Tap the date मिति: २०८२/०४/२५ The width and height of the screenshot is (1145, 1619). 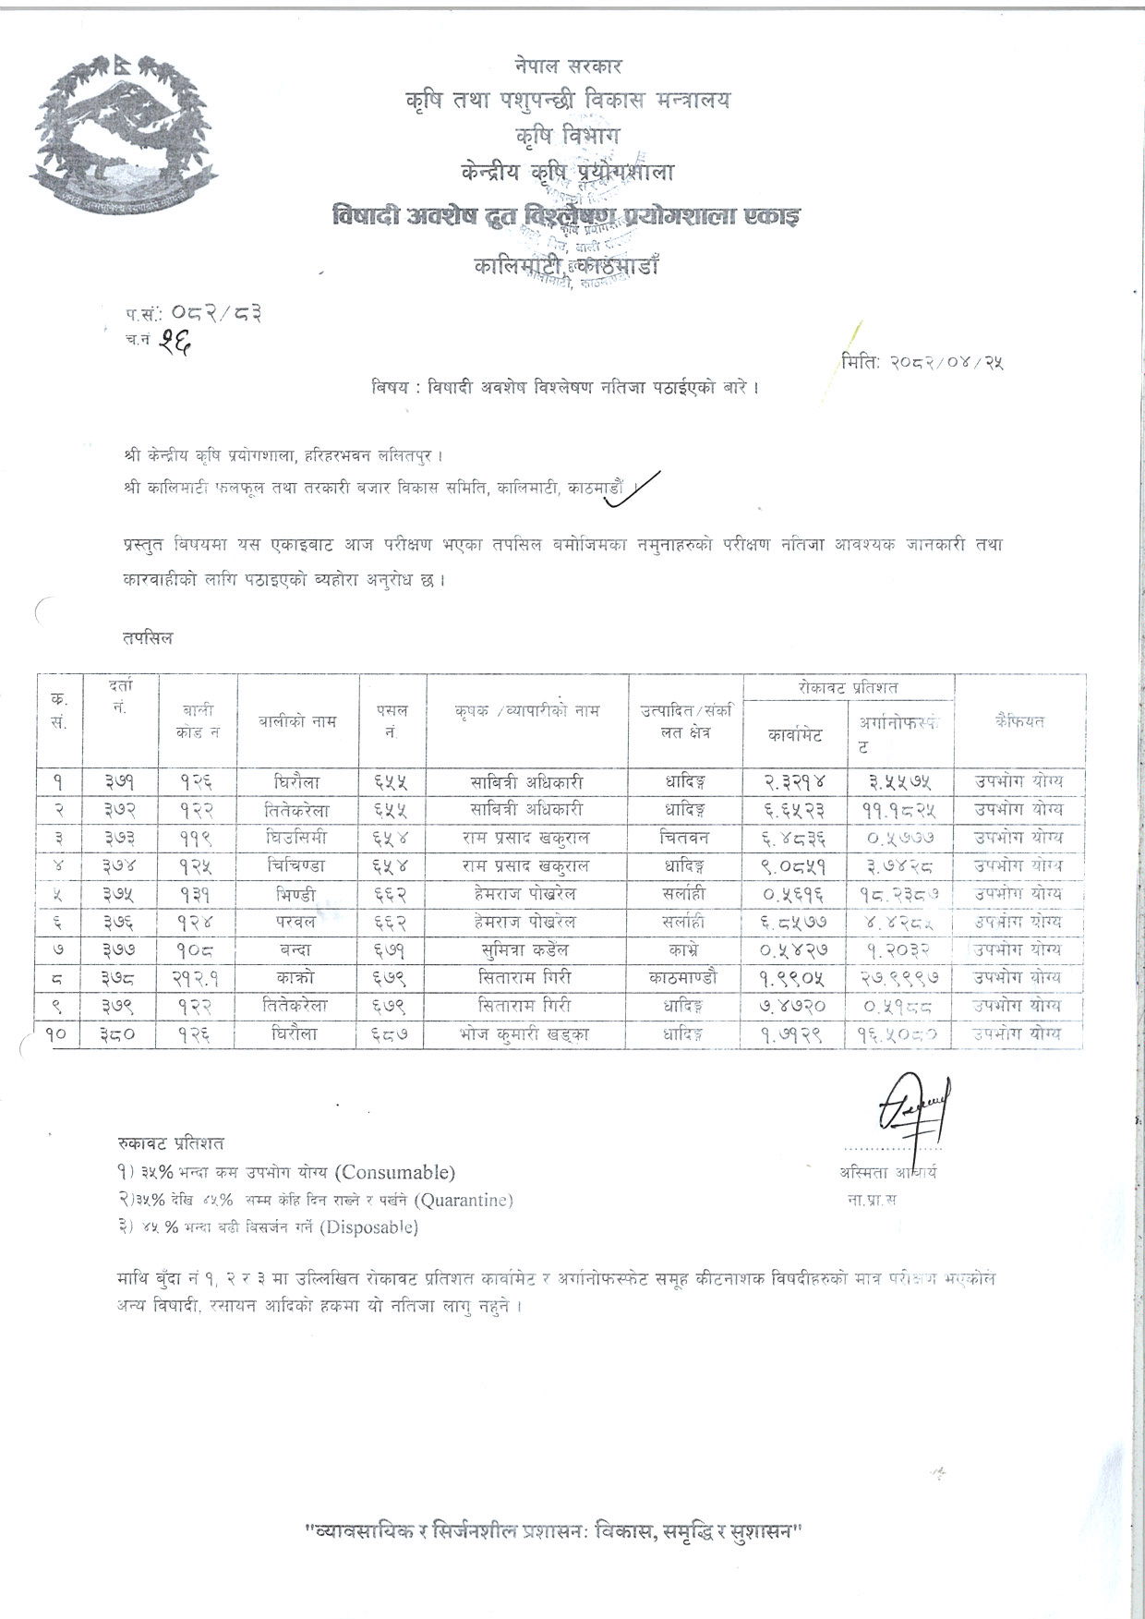922,361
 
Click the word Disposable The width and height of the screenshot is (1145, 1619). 368,1227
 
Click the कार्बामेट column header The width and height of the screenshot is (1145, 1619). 794,736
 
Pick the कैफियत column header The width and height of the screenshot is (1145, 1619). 1019,721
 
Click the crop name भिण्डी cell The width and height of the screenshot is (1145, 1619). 297,894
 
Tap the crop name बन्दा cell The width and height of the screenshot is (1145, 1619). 297,949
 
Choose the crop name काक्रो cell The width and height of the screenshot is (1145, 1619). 297,977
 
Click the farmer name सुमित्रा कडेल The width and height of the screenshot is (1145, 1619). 527,949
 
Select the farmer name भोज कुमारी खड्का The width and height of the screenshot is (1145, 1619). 527,1033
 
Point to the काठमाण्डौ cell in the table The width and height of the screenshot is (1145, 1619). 686,977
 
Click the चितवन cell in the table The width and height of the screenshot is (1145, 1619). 686,838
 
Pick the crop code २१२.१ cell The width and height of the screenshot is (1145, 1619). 197,977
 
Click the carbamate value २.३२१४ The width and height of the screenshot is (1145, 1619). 794,781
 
